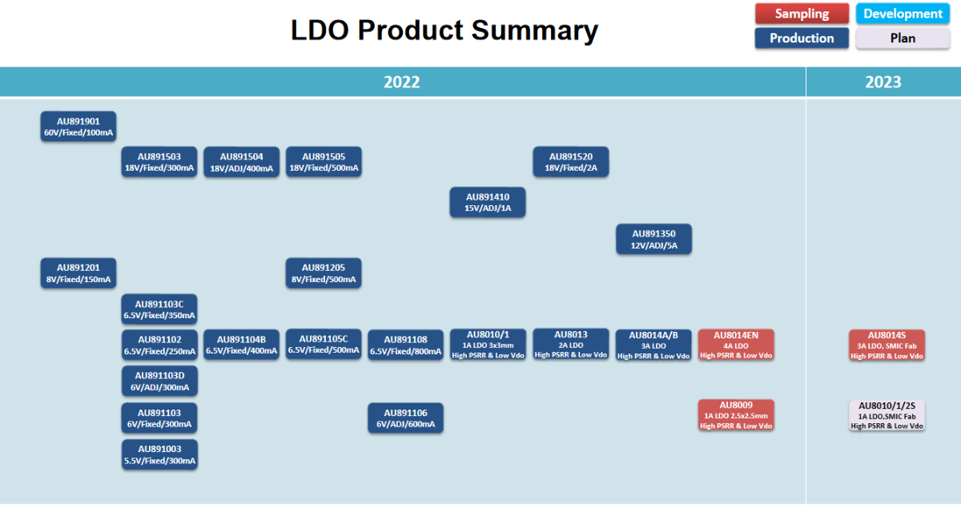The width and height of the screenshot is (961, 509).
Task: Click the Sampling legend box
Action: tap(802, 14)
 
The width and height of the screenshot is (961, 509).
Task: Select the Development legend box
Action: tap(903, 14)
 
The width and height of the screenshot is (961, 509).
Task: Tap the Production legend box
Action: tap(802, 38)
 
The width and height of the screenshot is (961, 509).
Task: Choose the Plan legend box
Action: tap(903, 38)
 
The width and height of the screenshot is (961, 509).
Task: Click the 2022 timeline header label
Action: tap(401, 82)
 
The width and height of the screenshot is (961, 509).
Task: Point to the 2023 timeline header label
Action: tap(883, 82)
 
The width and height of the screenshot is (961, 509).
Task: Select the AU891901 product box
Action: tap(78, 127)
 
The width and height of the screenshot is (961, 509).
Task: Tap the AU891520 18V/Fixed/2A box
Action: tap(571, 162)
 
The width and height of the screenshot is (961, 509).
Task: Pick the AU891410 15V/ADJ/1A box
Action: tap(487, 202)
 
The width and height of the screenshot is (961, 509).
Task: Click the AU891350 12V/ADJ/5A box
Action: tap(653, 240)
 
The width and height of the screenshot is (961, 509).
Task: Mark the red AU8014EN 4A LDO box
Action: tap(736, 345)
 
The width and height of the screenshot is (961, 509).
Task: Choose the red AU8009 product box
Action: tap(736, 415)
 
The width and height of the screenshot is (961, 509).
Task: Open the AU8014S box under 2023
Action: tap(887, 345)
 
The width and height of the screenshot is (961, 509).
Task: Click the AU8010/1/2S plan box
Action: tap(887, 415)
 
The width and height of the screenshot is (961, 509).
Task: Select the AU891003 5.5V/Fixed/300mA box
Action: tap(159, 454)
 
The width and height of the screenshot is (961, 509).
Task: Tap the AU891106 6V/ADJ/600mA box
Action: tap(405, 418)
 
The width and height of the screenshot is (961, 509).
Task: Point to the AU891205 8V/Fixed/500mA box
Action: tap(324, 273)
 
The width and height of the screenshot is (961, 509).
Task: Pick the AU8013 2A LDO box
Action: tap(571, 345)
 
